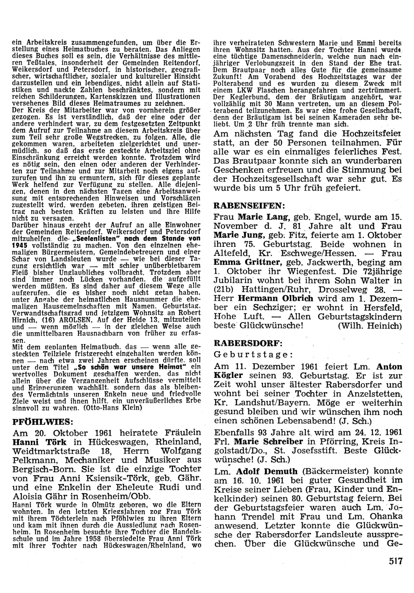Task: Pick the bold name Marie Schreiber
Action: [x=268, y=441]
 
